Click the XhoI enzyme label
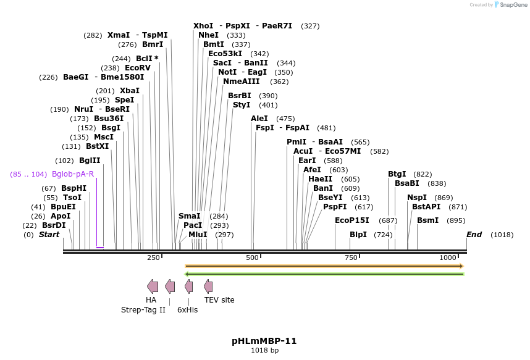[x=203, y=26]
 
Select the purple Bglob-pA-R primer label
[x=73, y=174]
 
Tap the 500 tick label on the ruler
[x=252, y=257]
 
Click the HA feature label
[x=151, y=300]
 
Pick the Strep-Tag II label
[x=143, y=310]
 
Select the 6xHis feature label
[x=188, y=310]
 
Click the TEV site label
[x=219, y=300]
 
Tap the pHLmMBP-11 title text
[x=264, y=341]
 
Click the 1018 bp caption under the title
[x=264, y=351]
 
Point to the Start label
[x=49, y=235]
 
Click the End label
[x=474, y=235]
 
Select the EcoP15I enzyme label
[x=352, y=220]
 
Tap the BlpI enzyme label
[x=358, y=235]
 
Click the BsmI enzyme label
[x=428, y=220]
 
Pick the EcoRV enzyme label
[x=138, y=68]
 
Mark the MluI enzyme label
[x=198, y=235]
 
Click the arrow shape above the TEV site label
[x=208, y=286]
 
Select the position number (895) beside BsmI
[x=455, y=220]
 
